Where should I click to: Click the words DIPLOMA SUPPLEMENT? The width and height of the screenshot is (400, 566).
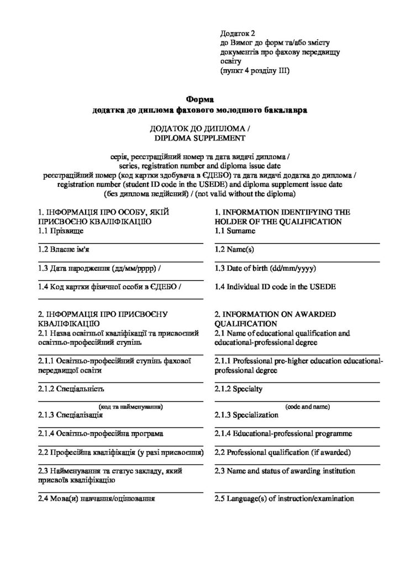(199, 138)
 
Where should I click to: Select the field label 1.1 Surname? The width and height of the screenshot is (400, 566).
(235, 231)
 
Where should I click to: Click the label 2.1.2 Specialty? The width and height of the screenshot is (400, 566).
(239, 389)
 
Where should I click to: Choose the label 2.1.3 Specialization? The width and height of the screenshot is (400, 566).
(246, 415)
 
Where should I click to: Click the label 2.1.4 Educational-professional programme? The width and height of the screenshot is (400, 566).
(283, 433)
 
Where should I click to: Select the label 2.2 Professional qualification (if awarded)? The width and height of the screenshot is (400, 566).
(283, 453)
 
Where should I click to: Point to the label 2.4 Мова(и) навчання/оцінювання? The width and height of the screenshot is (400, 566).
(97, 499)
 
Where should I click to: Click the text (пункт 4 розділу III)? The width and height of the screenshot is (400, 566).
(255, 71)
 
